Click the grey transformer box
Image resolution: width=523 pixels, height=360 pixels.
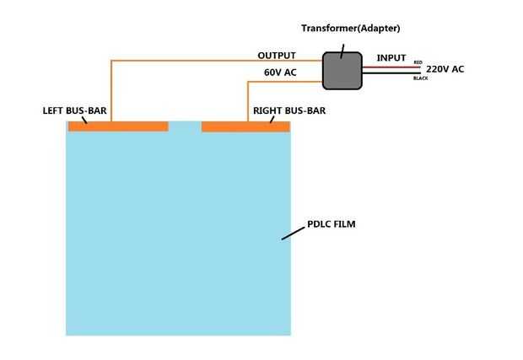[341, 70]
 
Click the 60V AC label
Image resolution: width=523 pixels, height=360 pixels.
[280, 73]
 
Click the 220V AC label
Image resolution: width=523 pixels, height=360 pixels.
[445, 69]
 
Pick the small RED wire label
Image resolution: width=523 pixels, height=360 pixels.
[418, 62]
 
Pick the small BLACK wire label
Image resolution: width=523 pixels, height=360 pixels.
[420, 78]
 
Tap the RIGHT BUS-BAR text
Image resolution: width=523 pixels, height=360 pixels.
[289, 110]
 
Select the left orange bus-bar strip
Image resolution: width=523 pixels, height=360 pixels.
[118, 126]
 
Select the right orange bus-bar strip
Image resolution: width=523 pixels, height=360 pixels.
[245, 126]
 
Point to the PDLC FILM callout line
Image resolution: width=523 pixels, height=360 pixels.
[292, 233]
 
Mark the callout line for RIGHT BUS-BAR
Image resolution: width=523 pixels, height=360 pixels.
[272, 119]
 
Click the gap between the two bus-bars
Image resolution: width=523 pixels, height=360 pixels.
[185, 126]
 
